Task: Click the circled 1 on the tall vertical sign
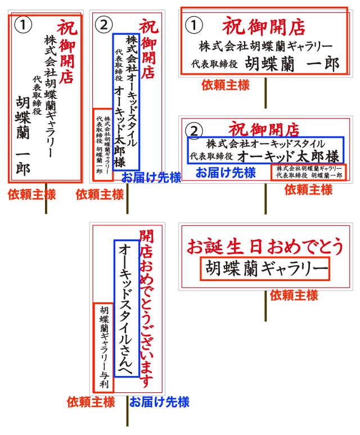pyautogui.click(x=23, y=25)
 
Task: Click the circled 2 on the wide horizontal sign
pyautogui.click(x=194, y=130)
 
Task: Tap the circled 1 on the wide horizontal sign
pyautogui.click(x=194, y=25)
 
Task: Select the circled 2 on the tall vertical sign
pyautogui.click(x=104, y=25)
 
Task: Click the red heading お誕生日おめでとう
pyautogui.click(x=265, y=246)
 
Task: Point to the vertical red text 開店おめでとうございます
pyautogui.click(x=146, y=309)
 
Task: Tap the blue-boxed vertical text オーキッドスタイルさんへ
pyautogui.click(x=127, y=309)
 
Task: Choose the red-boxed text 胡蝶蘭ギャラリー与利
pyautogui.click(x=104, y=347)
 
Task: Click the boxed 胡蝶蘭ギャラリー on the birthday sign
pyautogui.click(x=265, y=269)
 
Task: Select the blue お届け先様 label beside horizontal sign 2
pyautogui.click(x=226, y=173)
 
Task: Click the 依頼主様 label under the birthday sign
pyautogui.click(x=294, y=295)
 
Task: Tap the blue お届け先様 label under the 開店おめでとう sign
pyautogui.click(x=159, y=402)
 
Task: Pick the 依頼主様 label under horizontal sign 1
pyautogui.click(x=226, y=85)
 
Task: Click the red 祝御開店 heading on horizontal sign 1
pyautogui.click(x=263, y=26)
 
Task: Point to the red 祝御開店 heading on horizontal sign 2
pyautogui.click(x=264, y=129)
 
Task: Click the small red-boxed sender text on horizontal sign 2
pyautogui.click(x=309, y=172)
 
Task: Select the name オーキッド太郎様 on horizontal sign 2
pyautogui.click(x=288, y=156)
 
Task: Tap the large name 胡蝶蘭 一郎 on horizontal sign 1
pyautogui.click(x=292, y=64)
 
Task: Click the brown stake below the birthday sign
pyautogui.click(x=265, y=306)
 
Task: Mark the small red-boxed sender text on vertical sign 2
pyautogui.click(x=103, y=144)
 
